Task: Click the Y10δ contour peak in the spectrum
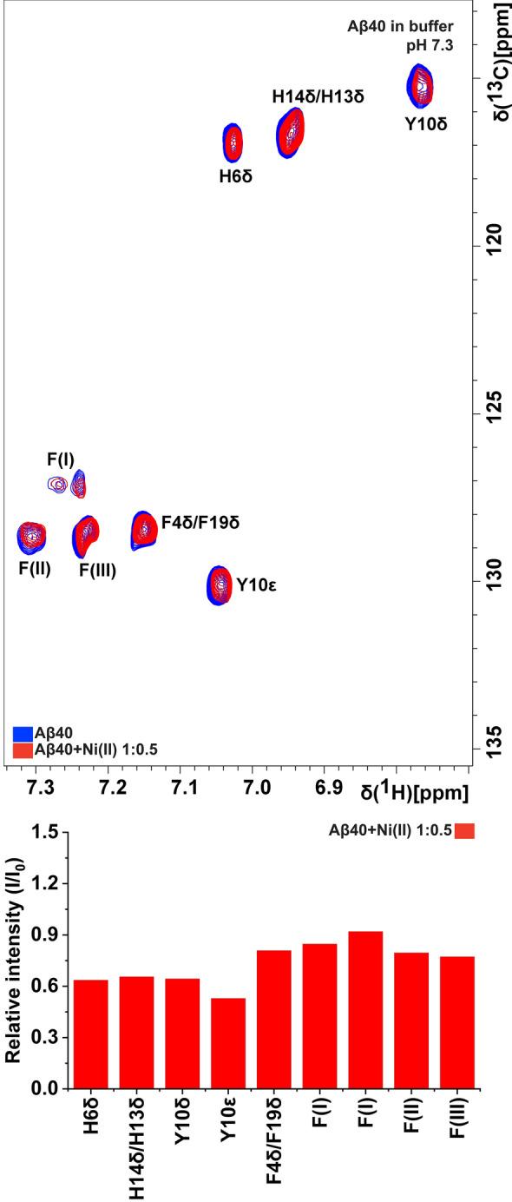421,85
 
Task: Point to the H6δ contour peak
233,143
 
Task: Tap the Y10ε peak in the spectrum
220,584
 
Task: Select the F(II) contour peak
31,537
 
